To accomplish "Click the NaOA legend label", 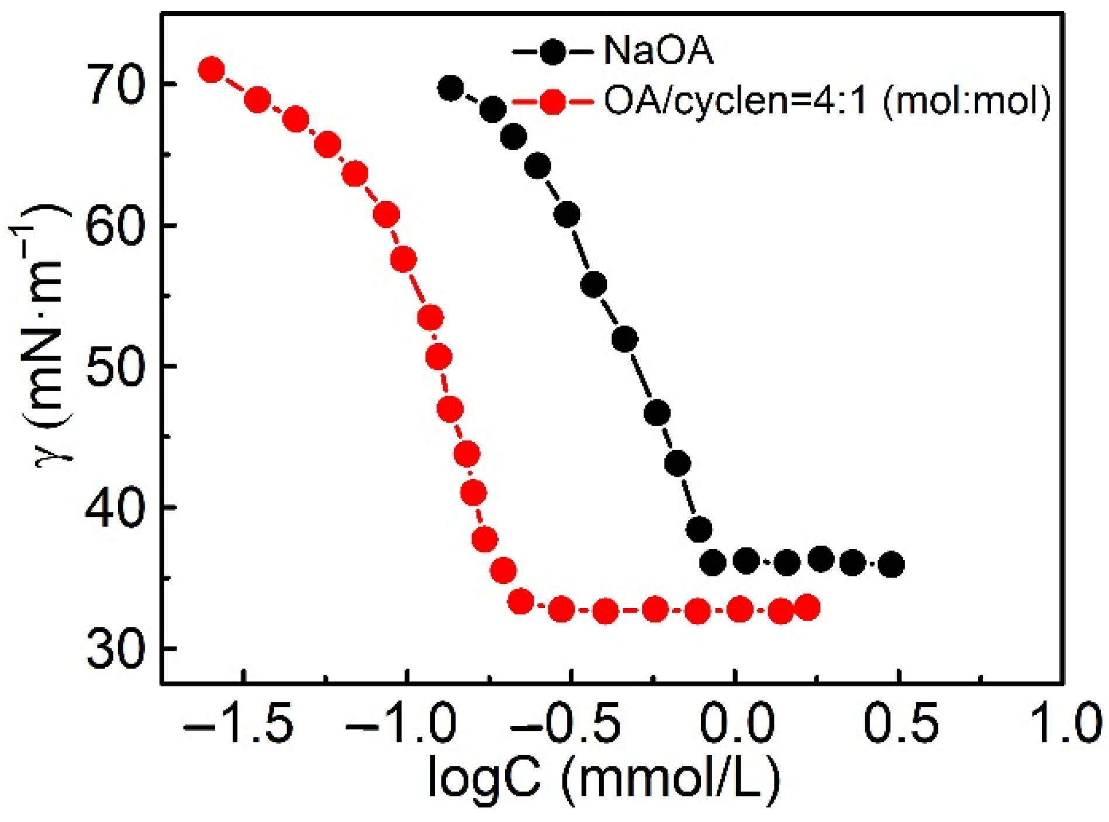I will pyautogui.click(x=658, y=51).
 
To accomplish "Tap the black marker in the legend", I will pyautogui.click(x=552, y=51).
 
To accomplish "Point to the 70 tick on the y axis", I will pyautogui.click(x=115, y=86).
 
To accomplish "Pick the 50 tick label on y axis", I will pyautogui.click(x=115, y=367).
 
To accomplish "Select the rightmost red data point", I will pyautogui.click(x=808, y=607).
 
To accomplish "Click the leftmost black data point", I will pyautogui.click(x=450, y=88).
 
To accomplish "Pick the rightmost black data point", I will pyautogui.click(x=891, y=564).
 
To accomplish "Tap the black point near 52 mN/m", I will pyautogui.click(x=625, y=339).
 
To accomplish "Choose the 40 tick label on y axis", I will pyautogui.click(x=115, y=508).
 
